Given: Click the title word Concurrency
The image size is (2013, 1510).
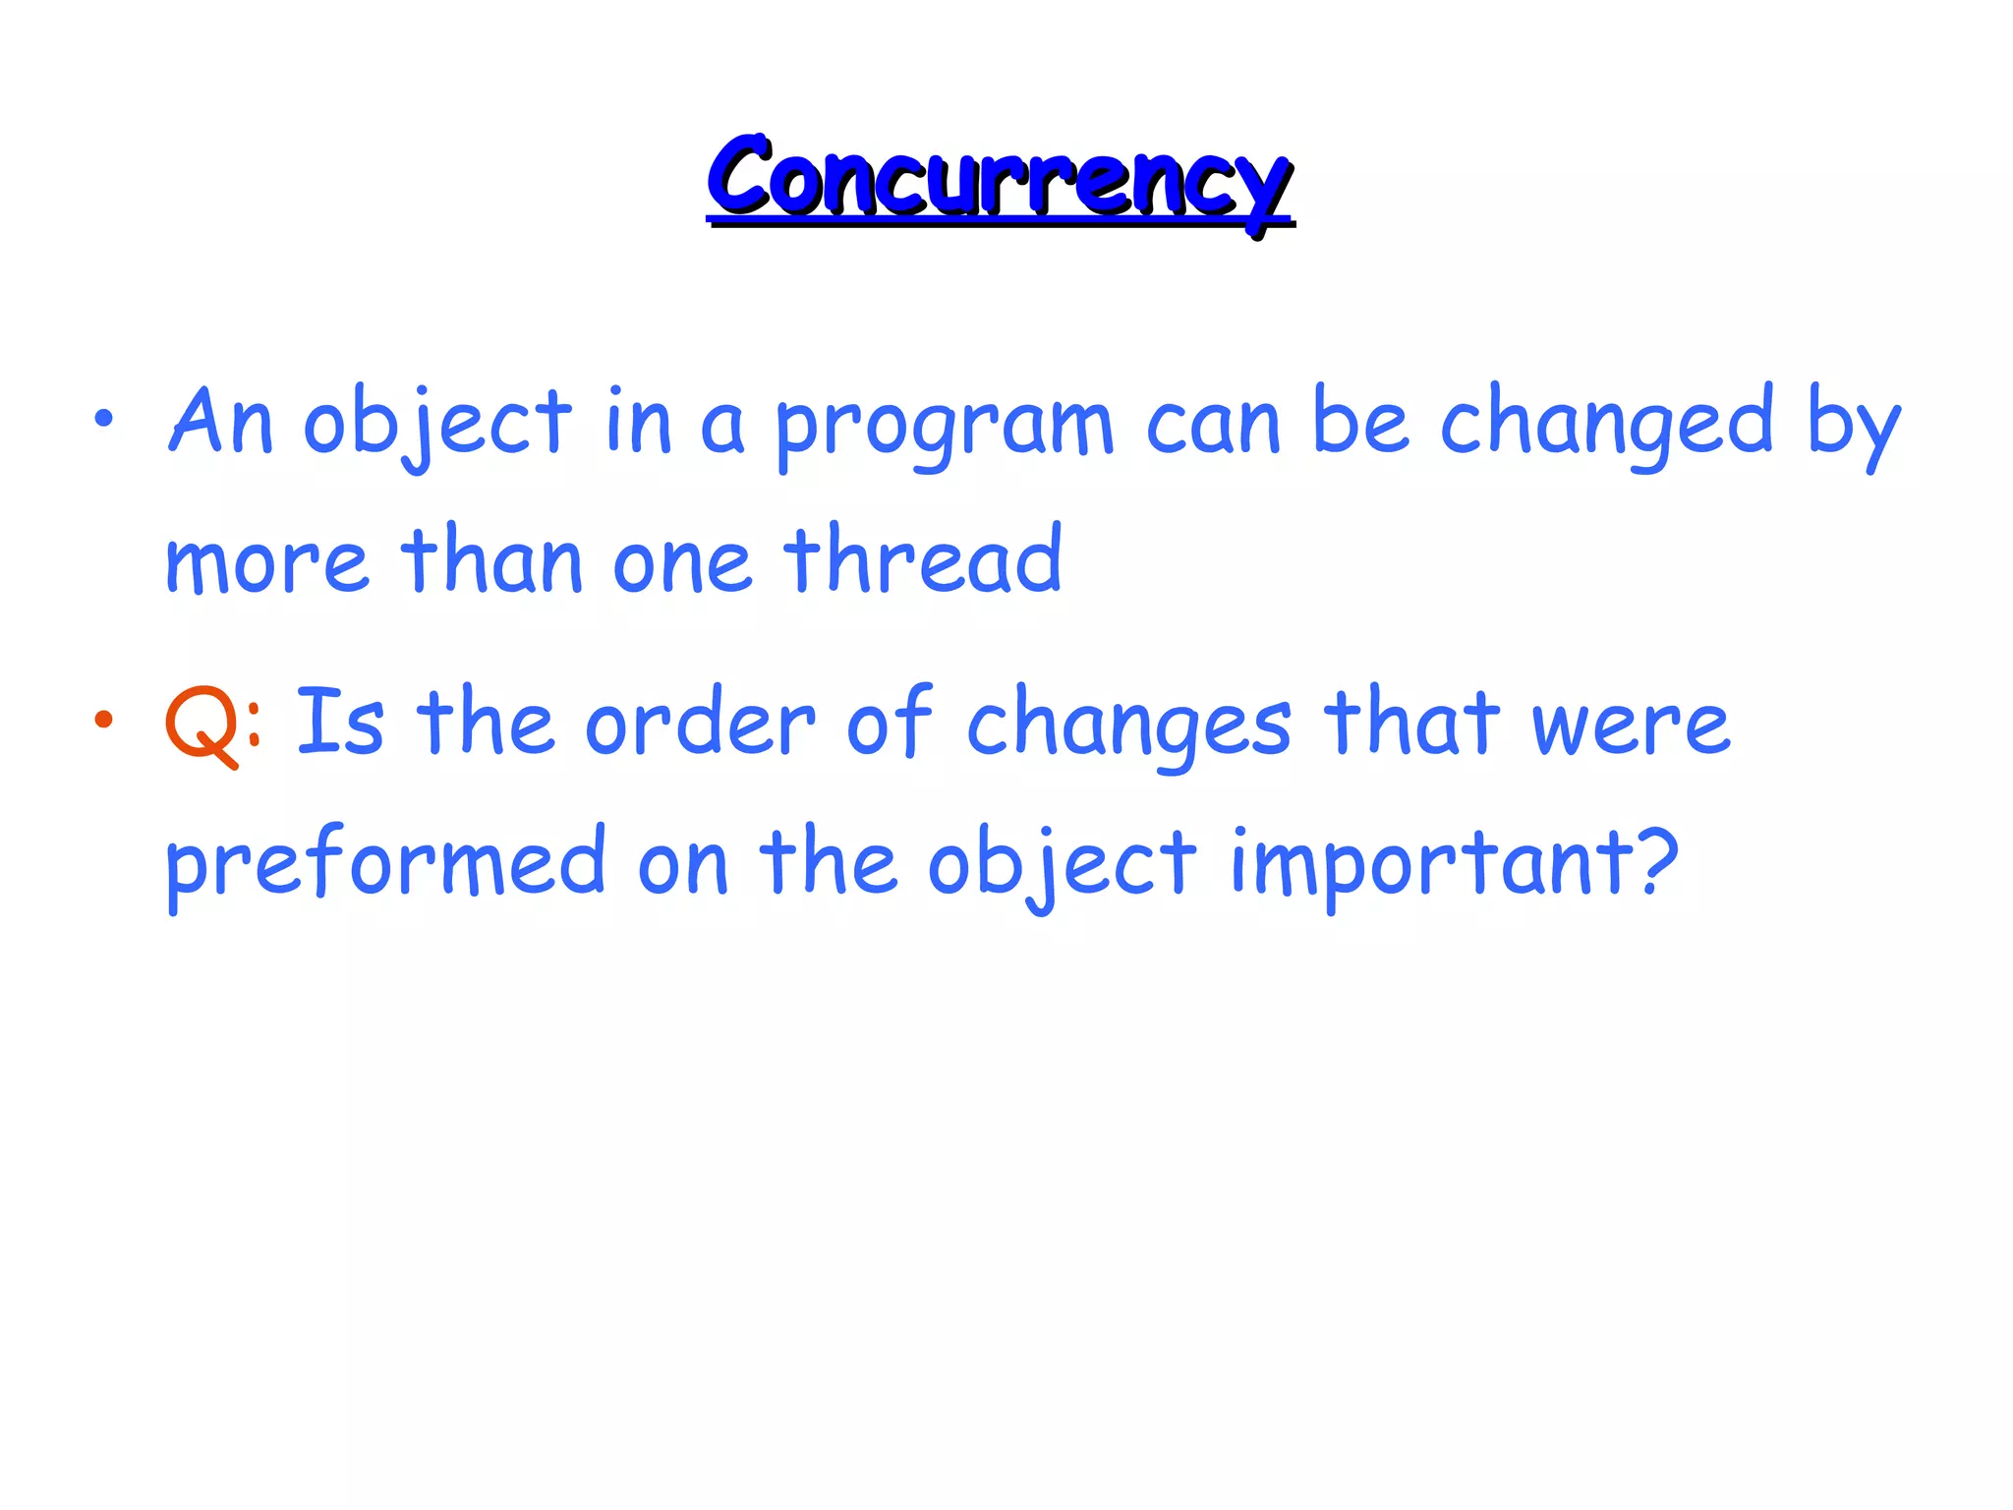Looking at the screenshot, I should [999, 179].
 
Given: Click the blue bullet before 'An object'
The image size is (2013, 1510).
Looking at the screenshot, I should [103, 420].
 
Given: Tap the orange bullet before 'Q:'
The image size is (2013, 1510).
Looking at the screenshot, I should [103, 721].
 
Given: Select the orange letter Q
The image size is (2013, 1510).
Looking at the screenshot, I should [201, 725].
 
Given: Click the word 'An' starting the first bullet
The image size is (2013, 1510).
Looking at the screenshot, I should [221, 423].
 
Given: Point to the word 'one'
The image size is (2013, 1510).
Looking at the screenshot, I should [682, 565].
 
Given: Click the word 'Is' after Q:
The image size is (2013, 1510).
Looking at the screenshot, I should [339, 723].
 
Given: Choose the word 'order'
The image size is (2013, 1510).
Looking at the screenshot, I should [700, 725].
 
